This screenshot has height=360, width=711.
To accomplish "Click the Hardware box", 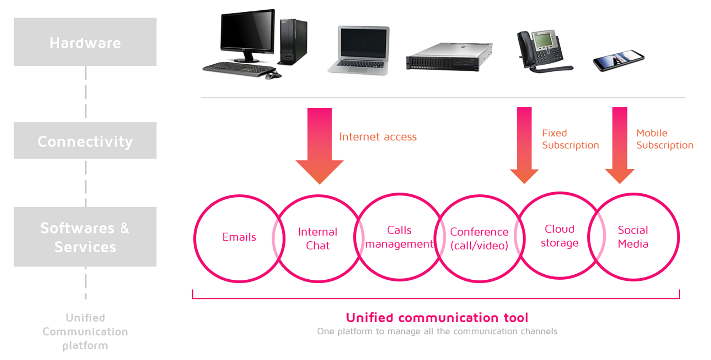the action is click(x=85, y=42).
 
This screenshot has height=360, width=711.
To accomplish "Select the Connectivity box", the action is click(x=85, y=140).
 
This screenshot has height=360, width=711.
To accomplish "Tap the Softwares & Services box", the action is click(x=85, y=237).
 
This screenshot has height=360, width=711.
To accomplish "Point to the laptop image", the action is click(x=359, y=50).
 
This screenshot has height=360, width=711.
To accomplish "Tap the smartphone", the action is click(x=619, y=60).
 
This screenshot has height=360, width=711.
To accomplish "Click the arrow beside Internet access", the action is click(x=319, y=146).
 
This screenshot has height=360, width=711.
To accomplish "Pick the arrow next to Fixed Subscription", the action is click(x=524, y=145).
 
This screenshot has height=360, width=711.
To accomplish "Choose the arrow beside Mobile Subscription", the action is click(x=620, y=145).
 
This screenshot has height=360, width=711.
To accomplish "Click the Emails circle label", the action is click(x=239, y=237).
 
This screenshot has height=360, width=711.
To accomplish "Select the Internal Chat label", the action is click(x=318, y=239).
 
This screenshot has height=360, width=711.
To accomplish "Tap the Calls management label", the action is click(x=399, y=237).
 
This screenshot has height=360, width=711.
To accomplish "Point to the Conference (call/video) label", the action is click(x=479, y=239).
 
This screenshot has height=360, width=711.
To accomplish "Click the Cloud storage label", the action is click(x=560, y=236).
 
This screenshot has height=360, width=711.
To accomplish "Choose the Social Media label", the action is click(x=633, y=237).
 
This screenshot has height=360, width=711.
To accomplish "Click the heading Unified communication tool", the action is click(x=437, y=318).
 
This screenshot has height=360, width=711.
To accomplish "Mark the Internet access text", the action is click(x=378, y=137).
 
